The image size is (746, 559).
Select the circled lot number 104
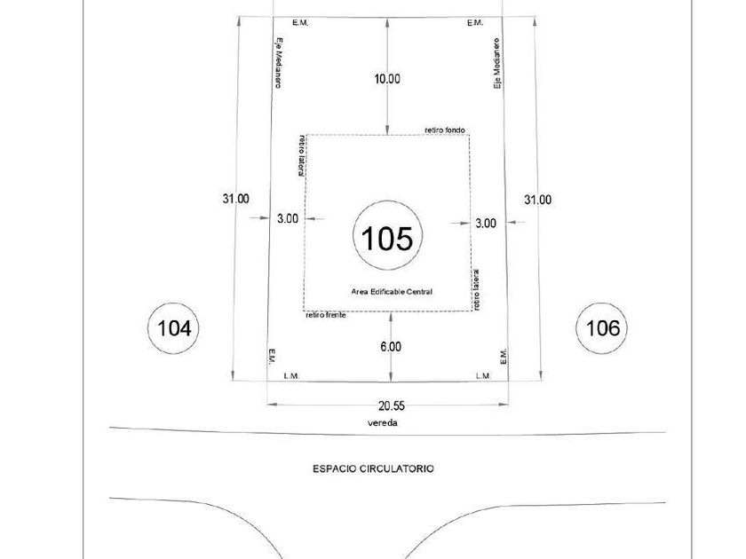173,328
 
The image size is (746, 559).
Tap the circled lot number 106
603,328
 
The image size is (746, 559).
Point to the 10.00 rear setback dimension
386,79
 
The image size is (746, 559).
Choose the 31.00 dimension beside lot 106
537,200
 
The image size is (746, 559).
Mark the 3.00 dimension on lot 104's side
288,218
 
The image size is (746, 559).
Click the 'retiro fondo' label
445,129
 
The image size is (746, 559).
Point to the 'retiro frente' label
325,315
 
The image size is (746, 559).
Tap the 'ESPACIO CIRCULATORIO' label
373,468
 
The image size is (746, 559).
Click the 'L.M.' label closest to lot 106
483,376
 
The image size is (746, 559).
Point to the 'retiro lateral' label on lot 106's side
476,289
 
